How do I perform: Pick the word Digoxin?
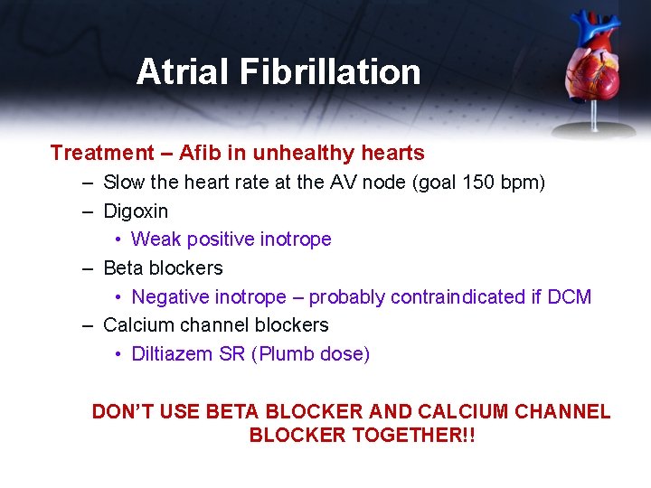[136, 211]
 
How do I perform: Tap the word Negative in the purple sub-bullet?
[170, 297]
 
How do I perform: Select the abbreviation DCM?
[570, 297]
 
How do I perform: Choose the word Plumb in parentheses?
[288, 354]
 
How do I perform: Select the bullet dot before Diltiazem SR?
[119, 354]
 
